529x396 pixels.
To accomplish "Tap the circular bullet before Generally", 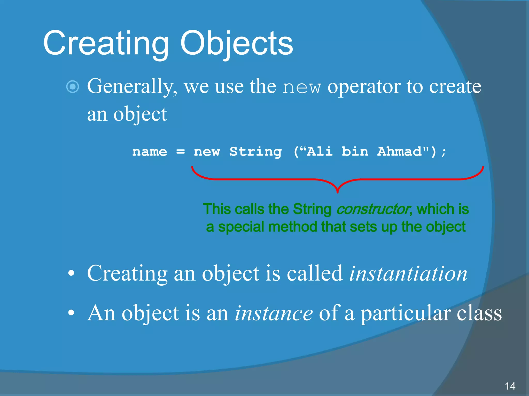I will click(73, 87).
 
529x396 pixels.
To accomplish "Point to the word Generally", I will click(132, 87).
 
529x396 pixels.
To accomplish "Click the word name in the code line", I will click(150, 152).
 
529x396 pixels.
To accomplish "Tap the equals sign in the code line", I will click(180, 152).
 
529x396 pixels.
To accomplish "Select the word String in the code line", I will click(255, 152).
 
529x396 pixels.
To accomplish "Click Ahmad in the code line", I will click(403, 152).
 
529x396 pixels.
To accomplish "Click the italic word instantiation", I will click(408, 273).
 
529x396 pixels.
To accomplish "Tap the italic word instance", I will click(274, 313).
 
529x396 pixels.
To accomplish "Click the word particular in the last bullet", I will click(406, 313).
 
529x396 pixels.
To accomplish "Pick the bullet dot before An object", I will click(71, 313).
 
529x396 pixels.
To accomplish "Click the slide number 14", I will click(510, 386).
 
